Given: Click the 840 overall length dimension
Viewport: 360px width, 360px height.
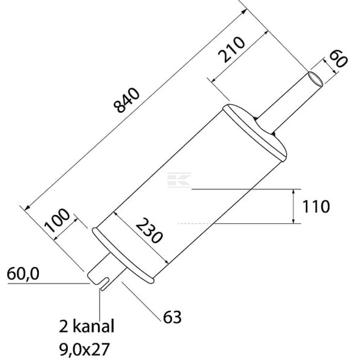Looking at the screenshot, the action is pos(127,100).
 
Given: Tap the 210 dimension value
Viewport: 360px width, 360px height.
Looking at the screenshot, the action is pos(232,49).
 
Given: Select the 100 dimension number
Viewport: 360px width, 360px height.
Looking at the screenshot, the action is pos(57,220).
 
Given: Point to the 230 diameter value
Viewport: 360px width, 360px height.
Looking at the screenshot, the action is pos(149,230).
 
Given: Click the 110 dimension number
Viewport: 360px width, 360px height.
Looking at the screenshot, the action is pos(316,206).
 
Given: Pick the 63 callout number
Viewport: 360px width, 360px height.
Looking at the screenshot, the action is pos(172,317).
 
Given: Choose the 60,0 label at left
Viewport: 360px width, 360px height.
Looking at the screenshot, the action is pos(23,274).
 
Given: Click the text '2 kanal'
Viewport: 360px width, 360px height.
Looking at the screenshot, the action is pos(86,326).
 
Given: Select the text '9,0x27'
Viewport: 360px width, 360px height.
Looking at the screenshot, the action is pos(85,349).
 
